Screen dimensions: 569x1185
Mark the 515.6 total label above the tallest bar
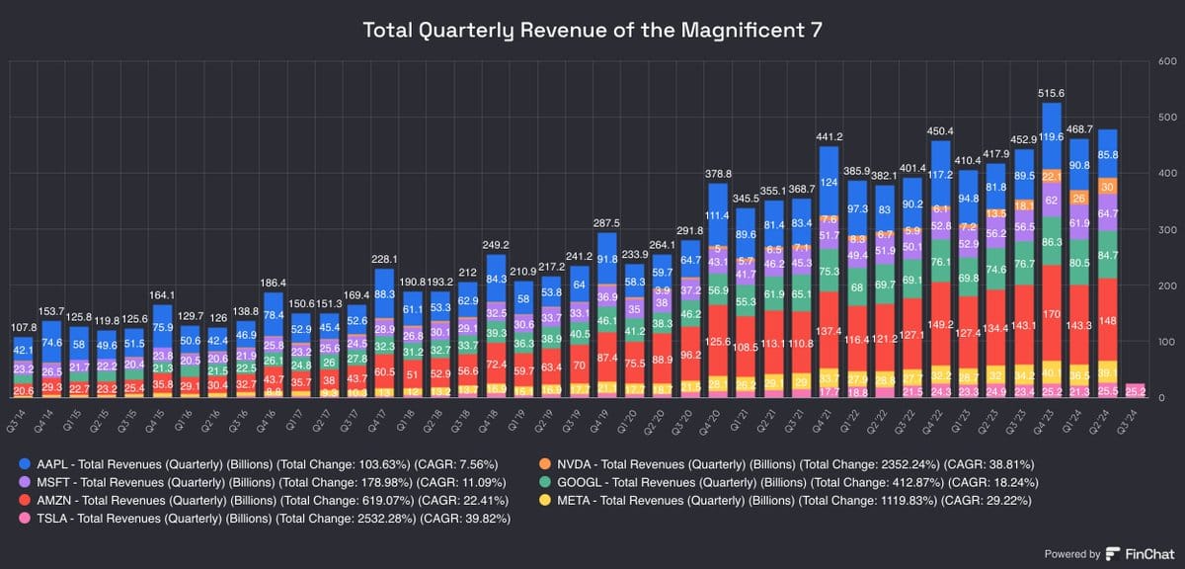coord(1052,93)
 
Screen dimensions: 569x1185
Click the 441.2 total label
coord(828,136)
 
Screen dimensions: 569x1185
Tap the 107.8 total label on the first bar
coord(24,327)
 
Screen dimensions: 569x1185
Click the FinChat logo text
coord(1145,554)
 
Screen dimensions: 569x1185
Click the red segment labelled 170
coord(1052,313)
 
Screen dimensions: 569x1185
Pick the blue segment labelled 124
coord(828,183)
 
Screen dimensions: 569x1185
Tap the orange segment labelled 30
coord(1108,187)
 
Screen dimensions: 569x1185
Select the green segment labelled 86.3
coord(1052,241)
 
